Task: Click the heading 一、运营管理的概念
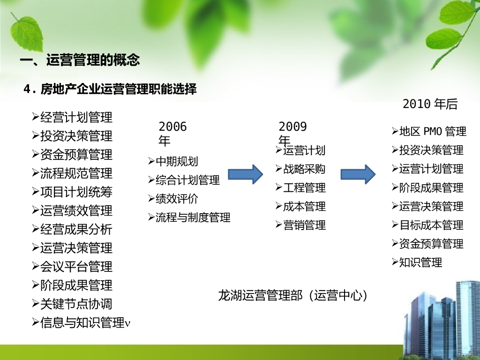point(80,60)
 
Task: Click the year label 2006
point(172,127)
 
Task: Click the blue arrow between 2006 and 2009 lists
point(246,174)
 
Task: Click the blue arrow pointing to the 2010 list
point(358,174)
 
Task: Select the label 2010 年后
point(430,104)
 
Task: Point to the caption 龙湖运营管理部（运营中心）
point(292,295)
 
